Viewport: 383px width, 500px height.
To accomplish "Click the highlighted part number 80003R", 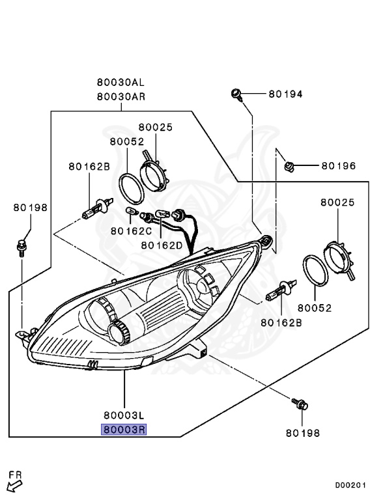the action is tap(124, 430).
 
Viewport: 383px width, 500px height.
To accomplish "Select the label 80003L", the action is tap(124, 415).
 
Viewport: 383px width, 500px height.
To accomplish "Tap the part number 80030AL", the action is tap(121, 82).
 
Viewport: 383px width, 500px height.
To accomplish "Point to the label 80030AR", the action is tap(121, 96).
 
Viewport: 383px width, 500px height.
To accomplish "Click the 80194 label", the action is tap(285, 94).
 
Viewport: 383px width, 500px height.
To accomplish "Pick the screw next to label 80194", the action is tap(236, 94).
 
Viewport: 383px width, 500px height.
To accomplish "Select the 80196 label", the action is tap(338, 166).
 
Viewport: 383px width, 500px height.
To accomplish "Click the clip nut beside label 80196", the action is tap(289, 167).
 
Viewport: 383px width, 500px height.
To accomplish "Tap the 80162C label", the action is tap(131, 231).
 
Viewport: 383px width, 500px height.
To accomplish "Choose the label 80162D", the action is tap(162, 245).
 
